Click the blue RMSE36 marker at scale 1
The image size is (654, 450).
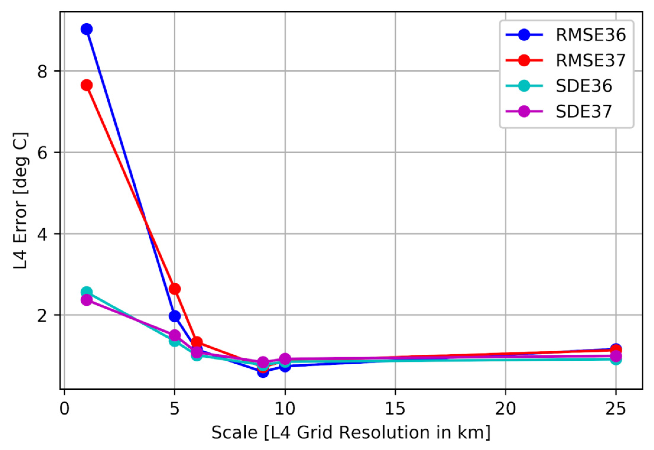click(87, 29)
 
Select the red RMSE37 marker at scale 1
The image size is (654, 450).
click(87, 85)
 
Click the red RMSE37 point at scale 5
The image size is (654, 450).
click(175, 289)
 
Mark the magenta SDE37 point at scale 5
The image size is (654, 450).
click(175, 335)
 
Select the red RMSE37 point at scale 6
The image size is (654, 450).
click(197, 342)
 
